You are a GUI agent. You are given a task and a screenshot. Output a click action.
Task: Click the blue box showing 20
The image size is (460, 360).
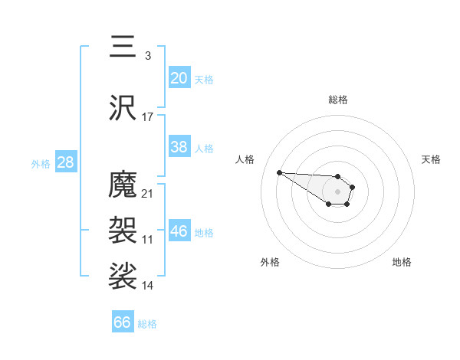tap(179, 77)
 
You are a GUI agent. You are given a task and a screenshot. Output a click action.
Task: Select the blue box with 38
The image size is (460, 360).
tap(179, 147)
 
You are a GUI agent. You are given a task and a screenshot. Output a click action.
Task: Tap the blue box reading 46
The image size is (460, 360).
tap(179, 231)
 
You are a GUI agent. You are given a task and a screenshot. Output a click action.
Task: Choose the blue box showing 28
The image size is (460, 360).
tap(64, 162)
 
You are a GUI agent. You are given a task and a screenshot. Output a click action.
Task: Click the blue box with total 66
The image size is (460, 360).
tap(122, 322)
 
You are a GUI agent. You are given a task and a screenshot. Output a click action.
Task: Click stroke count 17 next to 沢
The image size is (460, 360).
tap(148, 116)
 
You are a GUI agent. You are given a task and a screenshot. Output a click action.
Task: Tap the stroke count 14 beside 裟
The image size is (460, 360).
tap(148, 286)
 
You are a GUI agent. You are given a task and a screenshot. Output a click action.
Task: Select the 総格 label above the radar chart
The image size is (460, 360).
tap(337, 100)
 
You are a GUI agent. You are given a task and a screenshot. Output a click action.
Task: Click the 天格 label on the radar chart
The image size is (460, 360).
tap(431, 159)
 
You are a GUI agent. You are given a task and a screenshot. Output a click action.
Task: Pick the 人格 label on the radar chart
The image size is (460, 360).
tap(245, 159)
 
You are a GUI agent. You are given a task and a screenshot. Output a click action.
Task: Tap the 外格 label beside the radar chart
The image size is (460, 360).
tap(270, 262)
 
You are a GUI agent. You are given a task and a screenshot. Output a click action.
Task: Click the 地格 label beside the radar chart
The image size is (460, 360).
tap(402, 262)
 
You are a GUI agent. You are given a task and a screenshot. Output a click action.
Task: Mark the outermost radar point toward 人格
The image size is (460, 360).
tap(279, 172)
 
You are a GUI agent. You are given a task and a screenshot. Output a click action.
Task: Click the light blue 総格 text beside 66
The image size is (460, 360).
tap(147, 324)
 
